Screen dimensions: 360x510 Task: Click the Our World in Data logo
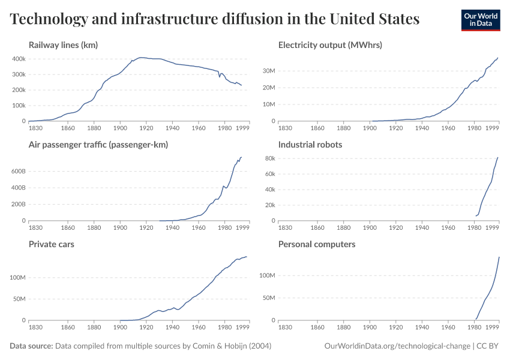480,20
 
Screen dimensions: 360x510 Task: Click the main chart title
215,19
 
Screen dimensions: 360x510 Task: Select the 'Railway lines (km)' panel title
63,45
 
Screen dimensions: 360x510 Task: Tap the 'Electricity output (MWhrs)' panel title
330,45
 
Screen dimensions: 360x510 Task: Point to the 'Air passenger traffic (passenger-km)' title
98,145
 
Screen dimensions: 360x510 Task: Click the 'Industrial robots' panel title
310,145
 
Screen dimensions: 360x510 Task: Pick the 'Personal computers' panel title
317,244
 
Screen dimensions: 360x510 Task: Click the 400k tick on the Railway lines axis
18,59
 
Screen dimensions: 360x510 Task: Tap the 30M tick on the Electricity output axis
268,71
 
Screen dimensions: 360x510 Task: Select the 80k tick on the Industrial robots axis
268,158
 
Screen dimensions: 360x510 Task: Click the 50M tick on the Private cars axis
18,299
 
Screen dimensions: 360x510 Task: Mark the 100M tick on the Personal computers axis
266,276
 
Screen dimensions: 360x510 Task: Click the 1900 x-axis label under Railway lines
121,128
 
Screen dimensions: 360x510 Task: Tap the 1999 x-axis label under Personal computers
493,327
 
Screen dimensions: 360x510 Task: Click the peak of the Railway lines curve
140,58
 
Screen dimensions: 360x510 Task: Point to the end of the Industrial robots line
498,158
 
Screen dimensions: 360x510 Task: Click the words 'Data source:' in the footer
31,346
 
